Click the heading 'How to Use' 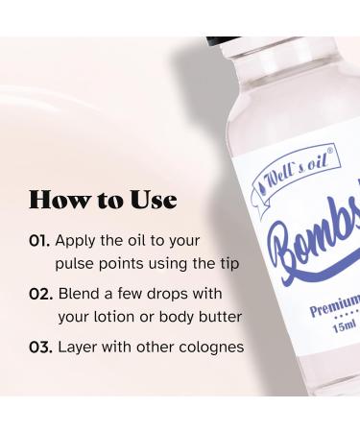103,200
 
